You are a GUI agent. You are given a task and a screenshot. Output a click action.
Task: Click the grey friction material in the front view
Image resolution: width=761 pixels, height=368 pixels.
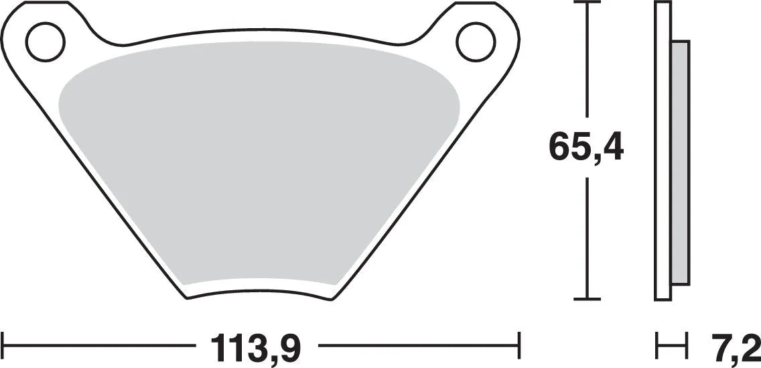(258, 168)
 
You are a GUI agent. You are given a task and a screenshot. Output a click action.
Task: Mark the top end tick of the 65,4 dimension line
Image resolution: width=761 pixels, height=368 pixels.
(587, 3)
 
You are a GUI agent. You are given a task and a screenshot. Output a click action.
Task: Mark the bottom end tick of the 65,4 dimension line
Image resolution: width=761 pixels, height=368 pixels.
(587, 298)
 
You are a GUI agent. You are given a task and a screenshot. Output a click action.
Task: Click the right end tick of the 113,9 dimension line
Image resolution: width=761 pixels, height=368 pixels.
(519, 347)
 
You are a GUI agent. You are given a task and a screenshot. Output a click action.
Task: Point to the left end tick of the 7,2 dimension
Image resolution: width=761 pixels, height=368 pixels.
(656, 347)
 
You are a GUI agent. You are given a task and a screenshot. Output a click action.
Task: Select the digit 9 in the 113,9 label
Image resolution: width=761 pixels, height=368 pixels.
(289, 347)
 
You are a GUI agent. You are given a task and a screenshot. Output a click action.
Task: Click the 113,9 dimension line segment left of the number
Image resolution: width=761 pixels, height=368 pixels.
(100, 347)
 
